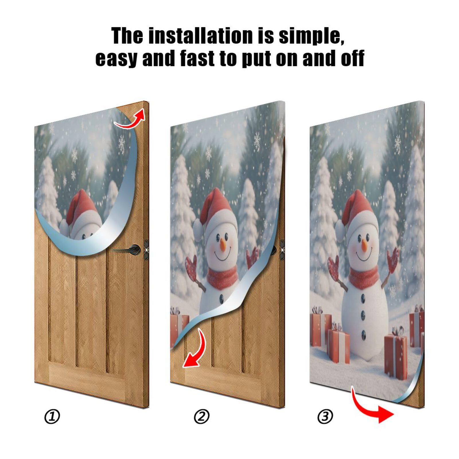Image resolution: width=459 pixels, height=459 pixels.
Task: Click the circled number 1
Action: coord(52,417)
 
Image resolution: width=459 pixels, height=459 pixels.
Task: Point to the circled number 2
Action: coord(202,417)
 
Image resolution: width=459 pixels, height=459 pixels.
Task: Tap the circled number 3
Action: coord(325,417)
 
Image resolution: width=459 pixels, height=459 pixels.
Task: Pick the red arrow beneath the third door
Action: coord(372,407)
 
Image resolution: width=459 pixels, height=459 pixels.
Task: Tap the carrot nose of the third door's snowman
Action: coord(364,246)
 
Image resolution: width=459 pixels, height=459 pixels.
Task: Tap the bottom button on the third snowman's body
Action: coord(363,334)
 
